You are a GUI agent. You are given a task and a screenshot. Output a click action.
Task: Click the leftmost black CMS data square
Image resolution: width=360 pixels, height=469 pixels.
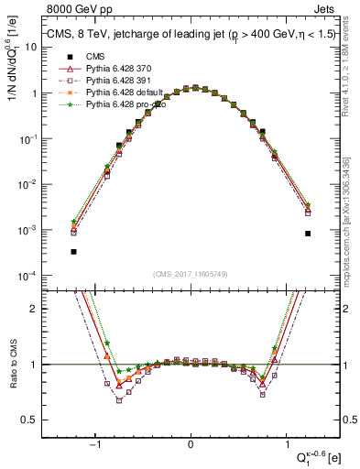pyautogui.click(x=73, y=251)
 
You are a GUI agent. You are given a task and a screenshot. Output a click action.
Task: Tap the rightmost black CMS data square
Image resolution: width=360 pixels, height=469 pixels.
pyautogui.click(x=308, y=234)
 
